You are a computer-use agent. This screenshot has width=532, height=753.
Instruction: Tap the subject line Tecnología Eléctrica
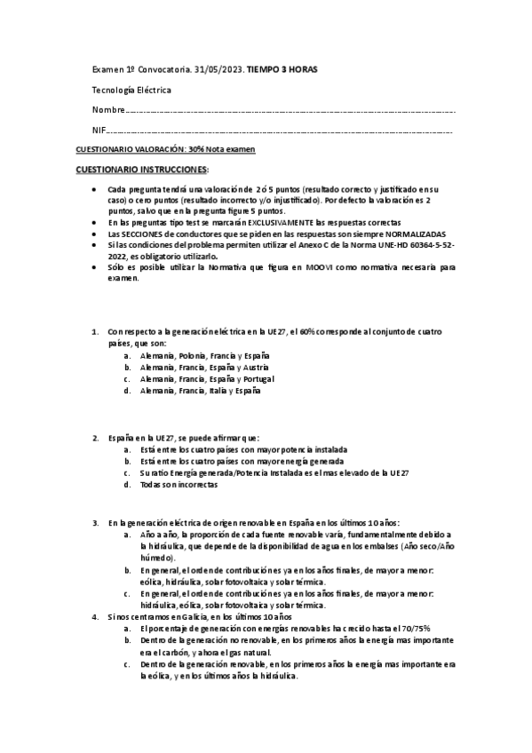point(131,90)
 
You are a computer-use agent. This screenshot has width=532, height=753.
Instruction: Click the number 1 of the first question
point(96,331)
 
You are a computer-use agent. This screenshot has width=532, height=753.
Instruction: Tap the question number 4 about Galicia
point(96,615)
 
